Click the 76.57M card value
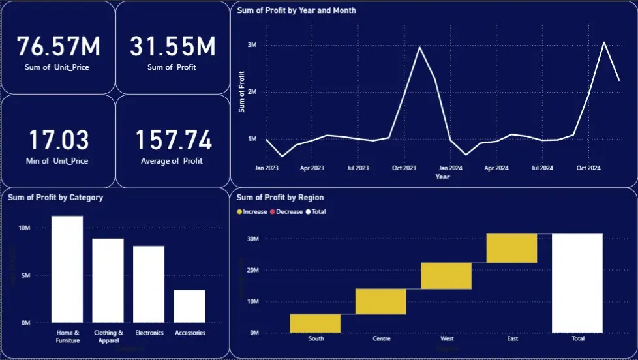point(58,47)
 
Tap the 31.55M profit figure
point(172,47)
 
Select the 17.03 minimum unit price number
point(58,141)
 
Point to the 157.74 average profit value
point(173,141)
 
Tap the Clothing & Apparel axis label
point(108,336)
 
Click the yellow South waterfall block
point(315,323)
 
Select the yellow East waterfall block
point(511,248)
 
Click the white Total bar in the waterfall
point(577,283)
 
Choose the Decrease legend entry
point(288,212)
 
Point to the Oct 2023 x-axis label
point(404,168)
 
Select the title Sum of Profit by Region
point(280,198)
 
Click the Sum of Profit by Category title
point(55,198)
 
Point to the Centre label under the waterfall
point(381,339)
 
